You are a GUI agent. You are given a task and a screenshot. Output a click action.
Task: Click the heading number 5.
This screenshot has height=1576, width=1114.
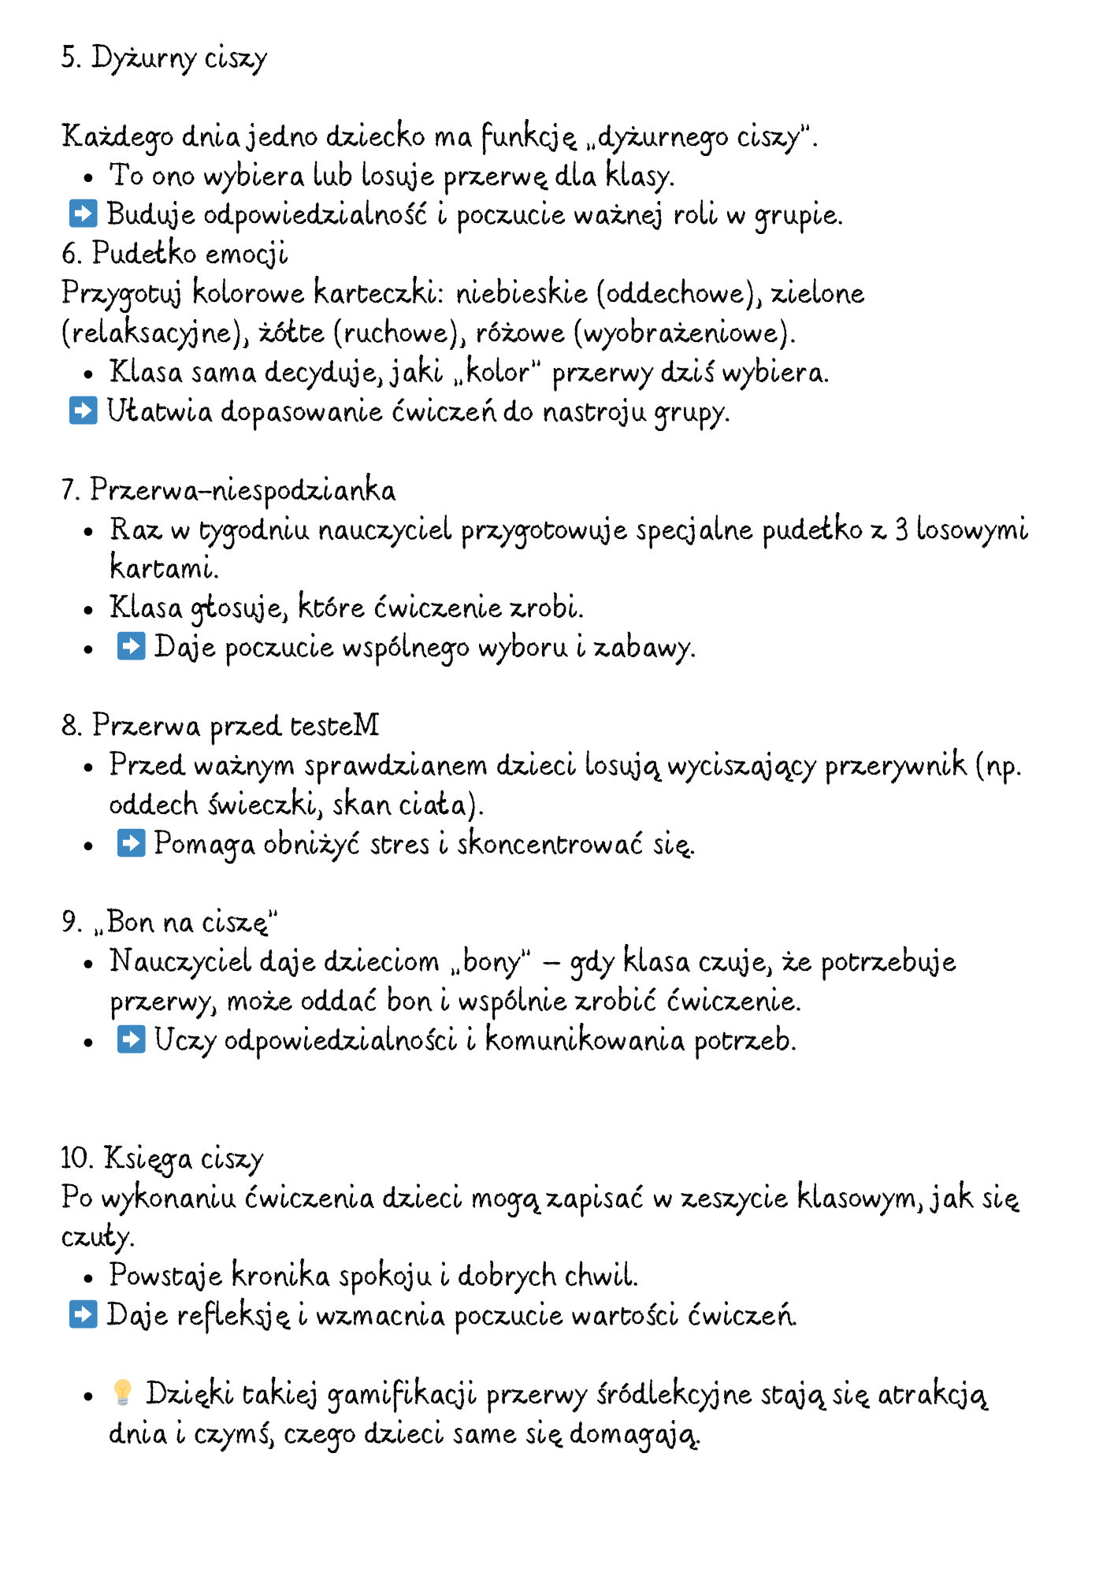coord(69,58)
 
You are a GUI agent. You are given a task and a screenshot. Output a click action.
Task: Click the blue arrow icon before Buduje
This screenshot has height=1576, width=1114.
coord(83,214)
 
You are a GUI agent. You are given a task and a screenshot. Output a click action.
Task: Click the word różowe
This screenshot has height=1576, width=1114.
coord(520,333)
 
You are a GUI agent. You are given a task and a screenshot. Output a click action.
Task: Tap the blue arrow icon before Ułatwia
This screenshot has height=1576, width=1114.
coord(83,411)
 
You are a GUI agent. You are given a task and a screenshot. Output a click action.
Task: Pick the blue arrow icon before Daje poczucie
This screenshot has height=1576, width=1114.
coord(131,647)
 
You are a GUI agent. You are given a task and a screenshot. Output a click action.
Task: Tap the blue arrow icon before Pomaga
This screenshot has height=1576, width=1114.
coord(131,843)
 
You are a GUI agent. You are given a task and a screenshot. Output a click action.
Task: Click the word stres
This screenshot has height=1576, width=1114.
coord(399,845)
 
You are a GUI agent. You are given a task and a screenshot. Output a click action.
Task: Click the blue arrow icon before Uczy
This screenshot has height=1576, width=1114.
coord(131,1040)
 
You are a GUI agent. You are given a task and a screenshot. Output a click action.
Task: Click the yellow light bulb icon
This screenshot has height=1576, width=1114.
coord(122,1393)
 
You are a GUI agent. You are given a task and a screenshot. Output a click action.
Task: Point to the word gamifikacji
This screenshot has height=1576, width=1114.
coord(402,1396)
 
